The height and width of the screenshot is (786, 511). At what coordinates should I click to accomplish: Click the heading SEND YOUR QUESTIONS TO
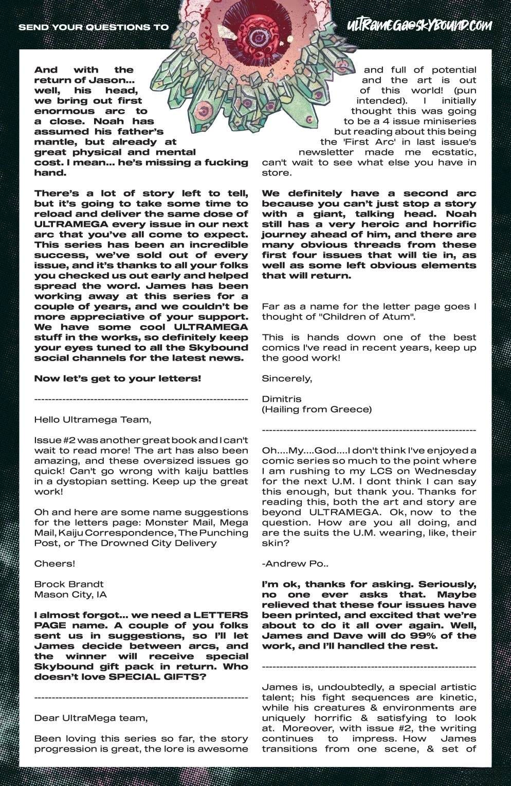[93, 27]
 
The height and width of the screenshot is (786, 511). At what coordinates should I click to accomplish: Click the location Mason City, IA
[70, 594]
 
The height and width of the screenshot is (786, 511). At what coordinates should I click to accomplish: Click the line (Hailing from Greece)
[316, 409]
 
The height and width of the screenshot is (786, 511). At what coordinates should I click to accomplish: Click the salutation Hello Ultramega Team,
[93, 419]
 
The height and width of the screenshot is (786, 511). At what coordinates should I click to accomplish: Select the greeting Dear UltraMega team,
[90, 718]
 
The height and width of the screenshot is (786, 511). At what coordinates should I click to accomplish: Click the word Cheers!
[54, 563]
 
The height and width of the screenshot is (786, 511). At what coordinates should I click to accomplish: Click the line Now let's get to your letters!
[118, 378]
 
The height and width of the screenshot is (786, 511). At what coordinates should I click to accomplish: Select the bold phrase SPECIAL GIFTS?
[163, 676]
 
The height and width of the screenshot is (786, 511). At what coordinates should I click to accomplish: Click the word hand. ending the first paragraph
[50, 172]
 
